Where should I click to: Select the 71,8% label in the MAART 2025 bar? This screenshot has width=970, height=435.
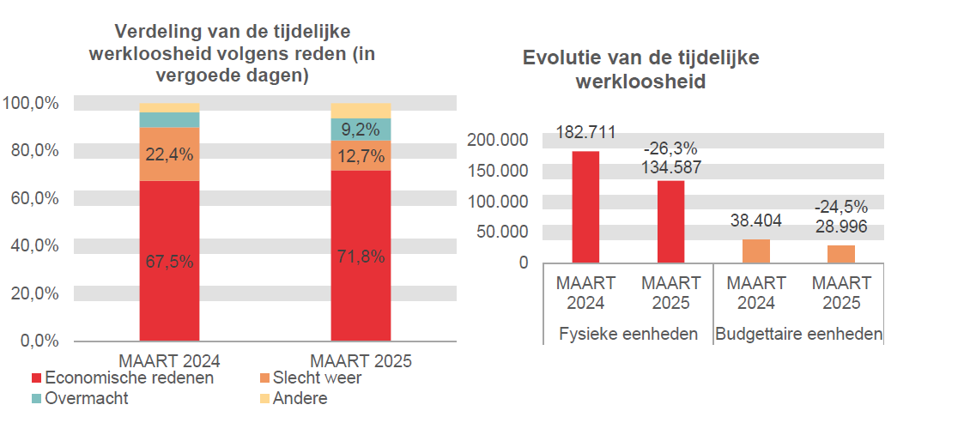click(x=361, y=257)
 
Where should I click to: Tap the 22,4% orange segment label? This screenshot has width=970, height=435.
click(x=169, y=155)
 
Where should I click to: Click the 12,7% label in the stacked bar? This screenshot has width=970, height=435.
click(x=361, y=156)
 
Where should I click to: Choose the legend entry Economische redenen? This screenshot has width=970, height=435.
click(x=122, y=378)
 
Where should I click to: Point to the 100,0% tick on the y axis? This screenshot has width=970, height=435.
click(x=31, y=103)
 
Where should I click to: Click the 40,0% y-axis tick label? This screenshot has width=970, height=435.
click(x=31, y=245)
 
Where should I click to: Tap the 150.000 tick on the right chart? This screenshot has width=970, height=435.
click(x=499, y=170)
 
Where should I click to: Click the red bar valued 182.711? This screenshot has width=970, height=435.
click(x=585, y=207)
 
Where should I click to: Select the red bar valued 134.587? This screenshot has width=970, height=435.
click(x=670, y=221)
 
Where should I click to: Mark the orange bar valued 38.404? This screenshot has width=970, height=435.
click(x=756, y=251)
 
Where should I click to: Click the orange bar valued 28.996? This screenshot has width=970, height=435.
click(x=841, y=254)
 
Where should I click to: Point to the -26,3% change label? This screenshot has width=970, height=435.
click(x=670, y=148)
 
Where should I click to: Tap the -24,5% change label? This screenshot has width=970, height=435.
click(x=841, y=207)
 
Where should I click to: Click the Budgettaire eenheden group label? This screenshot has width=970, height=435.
click(x=798, y=334)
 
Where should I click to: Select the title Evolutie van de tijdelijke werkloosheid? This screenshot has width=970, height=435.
click(x=640, y=69)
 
